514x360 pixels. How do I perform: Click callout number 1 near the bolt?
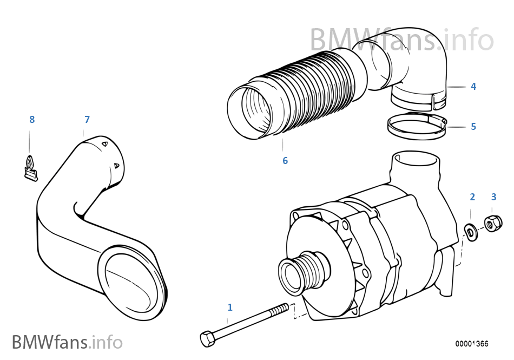point(230,307)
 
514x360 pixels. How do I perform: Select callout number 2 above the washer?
point(472,197)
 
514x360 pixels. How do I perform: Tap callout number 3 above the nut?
point(493,197)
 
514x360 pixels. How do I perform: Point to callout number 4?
point(473,86)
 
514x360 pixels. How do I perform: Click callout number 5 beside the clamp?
point(473,127)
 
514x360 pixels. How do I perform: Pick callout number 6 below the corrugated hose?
point(285,161)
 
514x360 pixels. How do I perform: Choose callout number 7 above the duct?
point(87,119)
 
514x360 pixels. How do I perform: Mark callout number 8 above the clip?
point(32,119)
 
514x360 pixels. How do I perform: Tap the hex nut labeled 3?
point(493,224)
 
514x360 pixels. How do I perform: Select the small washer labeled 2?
point(471,232)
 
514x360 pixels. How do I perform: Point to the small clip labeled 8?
point(31,168)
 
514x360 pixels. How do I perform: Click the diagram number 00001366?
point(471,344)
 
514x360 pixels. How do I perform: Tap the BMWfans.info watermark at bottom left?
point(67,342)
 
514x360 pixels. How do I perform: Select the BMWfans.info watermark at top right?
point(401,40)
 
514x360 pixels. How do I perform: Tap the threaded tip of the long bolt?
point(284,307)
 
